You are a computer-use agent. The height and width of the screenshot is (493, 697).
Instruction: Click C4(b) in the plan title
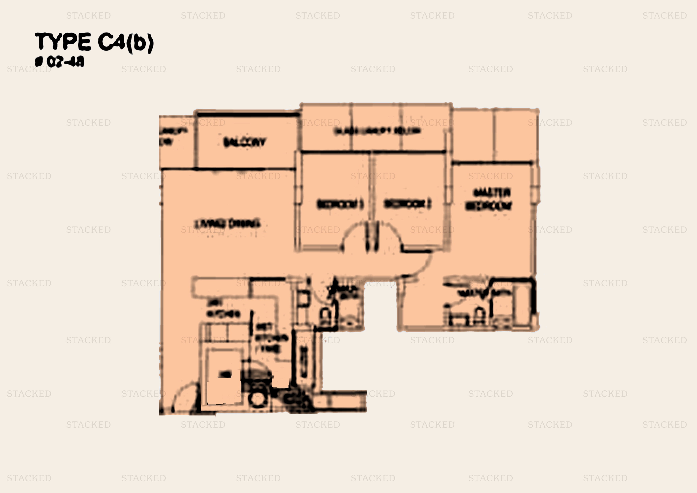126,43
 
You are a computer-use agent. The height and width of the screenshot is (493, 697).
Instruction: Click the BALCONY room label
244,142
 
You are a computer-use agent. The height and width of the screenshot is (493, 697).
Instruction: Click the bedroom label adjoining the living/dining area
340,204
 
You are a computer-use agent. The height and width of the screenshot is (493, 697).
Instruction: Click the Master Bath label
481,292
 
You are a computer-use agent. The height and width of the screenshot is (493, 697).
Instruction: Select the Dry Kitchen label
223,309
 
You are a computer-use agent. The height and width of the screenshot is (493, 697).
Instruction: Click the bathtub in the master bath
524,304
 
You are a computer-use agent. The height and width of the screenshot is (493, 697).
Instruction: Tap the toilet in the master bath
479,316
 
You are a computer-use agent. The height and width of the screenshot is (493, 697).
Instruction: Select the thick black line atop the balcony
247,115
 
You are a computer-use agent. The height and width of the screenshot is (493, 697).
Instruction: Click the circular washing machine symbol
258,399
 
